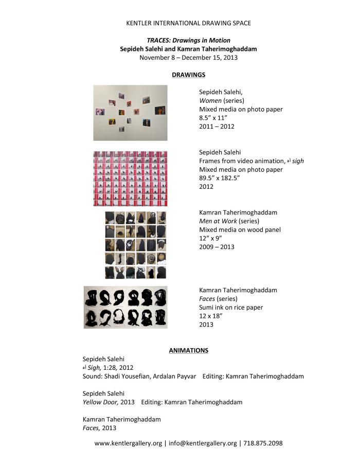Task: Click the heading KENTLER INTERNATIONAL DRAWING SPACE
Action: pyautogui.click(x=188, y=23)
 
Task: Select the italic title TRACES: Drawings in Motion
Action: pyautogui.click(x=188, y=40)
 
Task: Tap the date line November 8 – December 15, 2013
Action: pyautogui.click(x=188, y=58)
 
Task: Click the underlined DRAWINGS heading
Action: pyautogui.click(x=188, y=75)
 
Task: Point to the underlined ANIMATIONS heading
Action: pyautogui.click(x=188, y=350)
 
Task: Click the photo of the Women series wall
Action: pyautogui.click(x=130, y=113)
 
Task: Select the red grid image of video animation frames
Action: pyautogui.click(x=130, y=178)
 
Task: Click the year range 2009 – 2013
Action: pyautogui.click(x=217, y=247)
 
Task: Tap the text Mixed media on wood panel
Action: pyautogui.click(x=240, y=230)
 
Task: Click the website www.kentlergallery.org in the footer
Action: pyautogui.click(x=128, y=443)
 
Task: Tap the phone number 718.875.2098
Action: pyautogui.click(x=263, y=443)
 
